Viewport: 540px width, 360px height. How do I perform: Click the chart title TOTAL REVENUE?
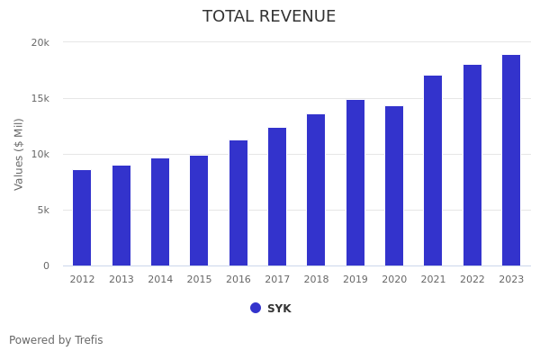[269, 17]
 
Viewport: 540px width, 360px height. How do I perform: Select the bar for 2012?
[82, 218]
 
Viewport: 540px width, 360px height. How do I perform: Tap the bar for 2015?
[199, 211]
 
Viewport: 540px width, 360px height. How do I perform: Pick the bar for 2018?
[316, 190]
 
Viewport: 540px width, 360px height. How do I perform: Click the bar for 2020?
[394, 186]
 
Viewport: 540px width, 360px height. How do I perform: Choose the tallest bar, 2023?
[511, 160]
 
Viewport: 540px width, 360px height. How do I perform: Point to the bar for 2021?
[433, 171]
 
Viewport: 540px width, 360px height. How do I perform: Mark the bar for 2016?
[238, 203]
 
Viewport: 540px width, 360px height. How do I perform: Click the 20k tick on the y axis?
[40, 42]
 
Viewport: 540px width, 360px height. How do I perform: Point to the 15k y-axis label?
[40, 98]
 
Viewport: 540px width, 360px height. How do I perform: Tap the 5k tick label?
[43, 210]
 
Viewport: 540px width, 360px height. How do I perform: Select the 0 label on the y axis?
[46, 265]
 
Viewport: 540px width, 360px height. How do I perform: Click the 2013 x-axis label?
[121, 280]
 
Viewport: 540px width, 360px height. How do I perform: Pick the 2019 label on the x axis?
[355, 280]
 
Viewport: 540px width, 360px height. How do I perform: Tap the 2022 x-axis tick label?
[472, 280]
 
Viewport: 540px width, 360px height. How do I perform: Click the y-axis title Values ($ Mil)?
[19, 154]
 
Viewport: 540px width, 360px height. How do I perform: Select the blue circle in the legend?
[256, 308]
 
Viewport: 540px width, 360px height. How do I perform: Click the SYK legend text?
[279, 309]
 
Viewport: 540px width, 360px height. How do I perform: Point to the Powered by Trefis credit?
[56, 340]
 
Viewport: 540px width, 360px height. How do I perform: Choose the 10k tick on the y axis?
[40, 154]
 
